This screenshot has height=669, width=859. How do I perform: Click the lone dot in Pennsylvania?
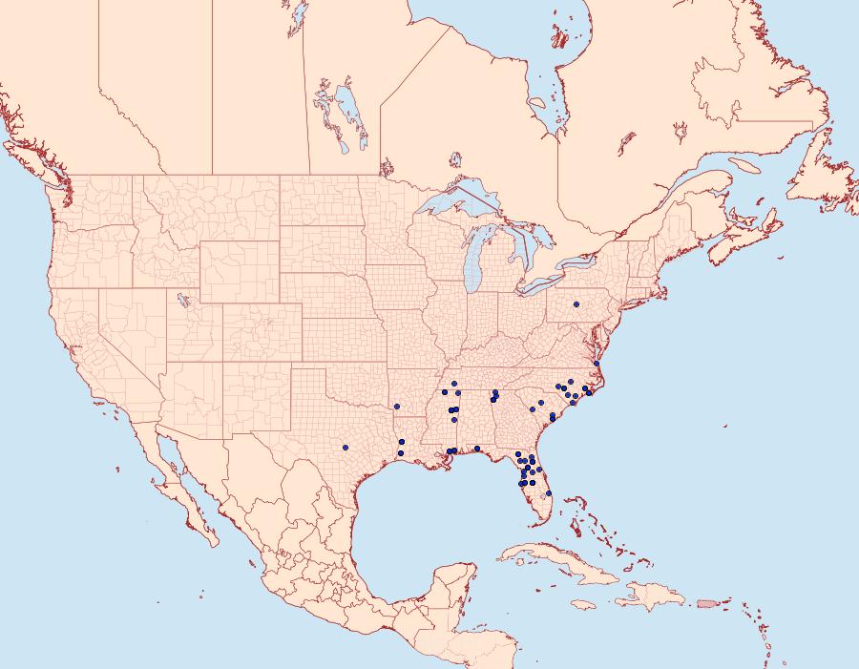576,304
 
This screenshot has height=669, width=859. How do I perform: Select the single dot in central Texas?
346,447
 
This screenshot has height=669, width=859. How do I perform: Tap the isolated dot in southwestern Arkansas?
396,407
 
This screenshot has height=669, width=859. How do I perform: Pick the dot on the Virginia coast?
596,364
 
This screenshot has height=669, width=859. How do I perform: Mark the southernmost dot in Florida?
549,493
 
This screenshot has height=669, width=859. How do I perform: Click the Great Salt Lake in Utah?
179,298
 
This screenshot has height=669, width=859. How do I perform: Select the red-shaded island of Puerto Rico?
707,602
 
